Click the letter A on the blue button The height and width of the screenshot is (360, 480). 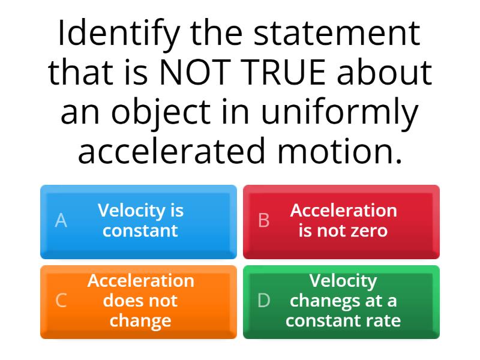coord(61,221)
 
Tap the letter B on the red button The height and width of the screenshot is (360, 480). coord(263,221)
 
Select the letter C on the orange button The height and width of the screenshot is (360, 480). coord(61,301)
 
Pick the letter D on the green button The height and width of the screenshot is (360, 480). coord(264,301)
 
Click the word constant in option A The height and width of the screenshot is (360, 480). coord(140,230)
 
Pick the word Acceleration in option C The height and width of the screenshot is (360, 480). coord(140,281)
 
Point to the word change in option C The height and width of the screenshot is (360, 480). coord(140,320)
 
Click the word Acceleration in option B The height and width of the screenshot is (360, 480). coord(343,211)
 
